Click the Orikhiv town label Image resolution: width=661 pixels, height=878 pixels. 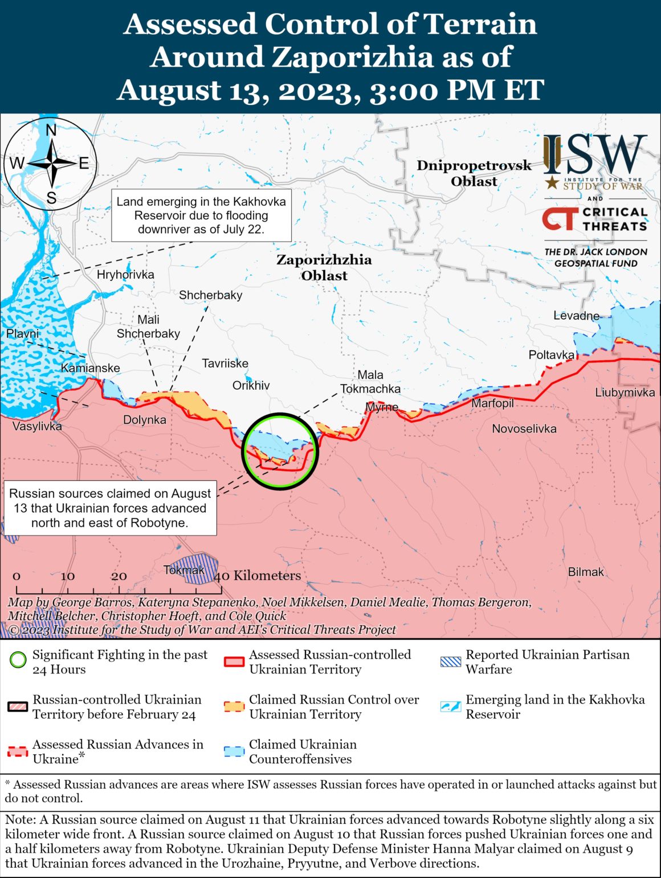click(x=251, y=386)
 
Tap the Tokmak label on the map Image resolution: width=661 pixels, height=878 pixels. click(x=183, y=570)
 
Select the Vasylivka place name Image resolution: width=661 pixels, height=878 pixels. click(x=37, y=426)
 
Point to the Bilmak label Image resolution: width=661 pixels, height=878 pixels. click(x=585, y=571)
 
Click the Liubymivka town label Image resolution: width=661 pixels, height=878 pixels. click(x=625, y=393)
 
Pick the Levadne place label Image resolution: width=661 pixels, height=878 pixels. click(x=576, y=316)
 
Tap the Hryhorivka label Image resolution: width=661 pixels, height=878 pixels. click(x=125, y=275)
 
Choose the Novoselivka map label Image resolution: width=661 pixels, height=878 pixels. click(x=524, y=428)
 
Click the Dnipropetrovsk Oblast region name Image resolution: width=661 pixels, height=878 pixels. click(x=474, y=173)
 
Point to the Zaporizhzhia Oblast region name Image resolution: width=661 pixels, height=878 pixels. click(x=324, y=267)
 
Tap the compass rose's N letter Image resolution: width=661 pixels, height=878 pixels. click(x=51, y=130)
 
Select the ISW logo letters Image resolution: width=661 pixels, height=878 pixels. click(x=595, y=154)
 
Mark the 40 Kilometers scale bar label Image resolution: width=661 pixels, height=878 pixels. click(x=258, y=575)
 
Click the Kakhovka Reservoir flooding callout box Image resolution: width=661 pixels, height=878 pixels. click(x=201, y=215)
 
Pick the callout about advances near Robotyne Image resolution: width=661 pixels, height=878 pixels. click(x=110, y=508)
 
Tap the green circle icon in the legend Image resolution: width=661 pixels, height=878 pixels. click(x=18, y=661)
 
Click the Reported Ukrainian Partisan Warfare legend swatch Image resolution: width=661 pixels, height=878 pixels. click(x=451, y=661)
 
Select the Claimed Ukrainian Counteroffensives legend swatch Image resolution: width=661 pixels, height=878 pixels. click(x=234, y=752)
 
